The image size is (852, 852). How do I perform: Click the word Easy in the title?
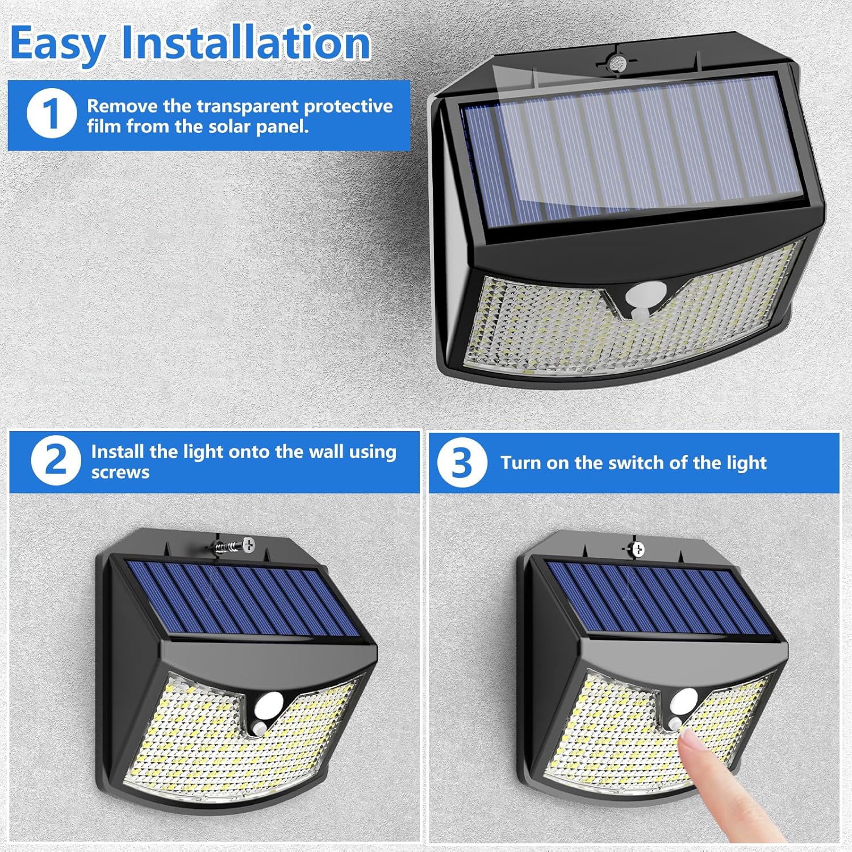pyautogui.click(x=57, y=44)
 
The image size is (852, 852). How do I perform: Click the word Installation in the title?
pyautogui.click(x=246, y=43)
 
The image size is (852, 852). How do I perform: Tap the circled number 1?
pyautogui.click(x=51, y=114)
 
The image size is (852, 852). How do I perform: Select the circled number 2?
pyautogui.click(x=56, y=461)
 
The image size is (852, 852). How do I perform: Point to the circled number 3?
pyautogui.click(x=462, y=463)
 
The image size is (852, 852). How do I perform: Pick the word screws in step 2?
pyautogui.click(x=120, y=473)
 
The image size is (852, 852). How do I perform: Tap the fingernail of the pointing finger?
pyautogui.click(x=690, y=740)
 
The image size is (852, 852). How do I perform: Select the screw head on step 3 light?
pyautogui.click(x=638, y=549)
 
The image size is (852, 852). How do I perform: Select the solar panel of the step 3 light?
pyautogui.click(x=659, y=599)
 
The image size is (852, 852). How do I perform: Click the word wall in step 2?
pyautogui.click(x=326, y=452)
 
